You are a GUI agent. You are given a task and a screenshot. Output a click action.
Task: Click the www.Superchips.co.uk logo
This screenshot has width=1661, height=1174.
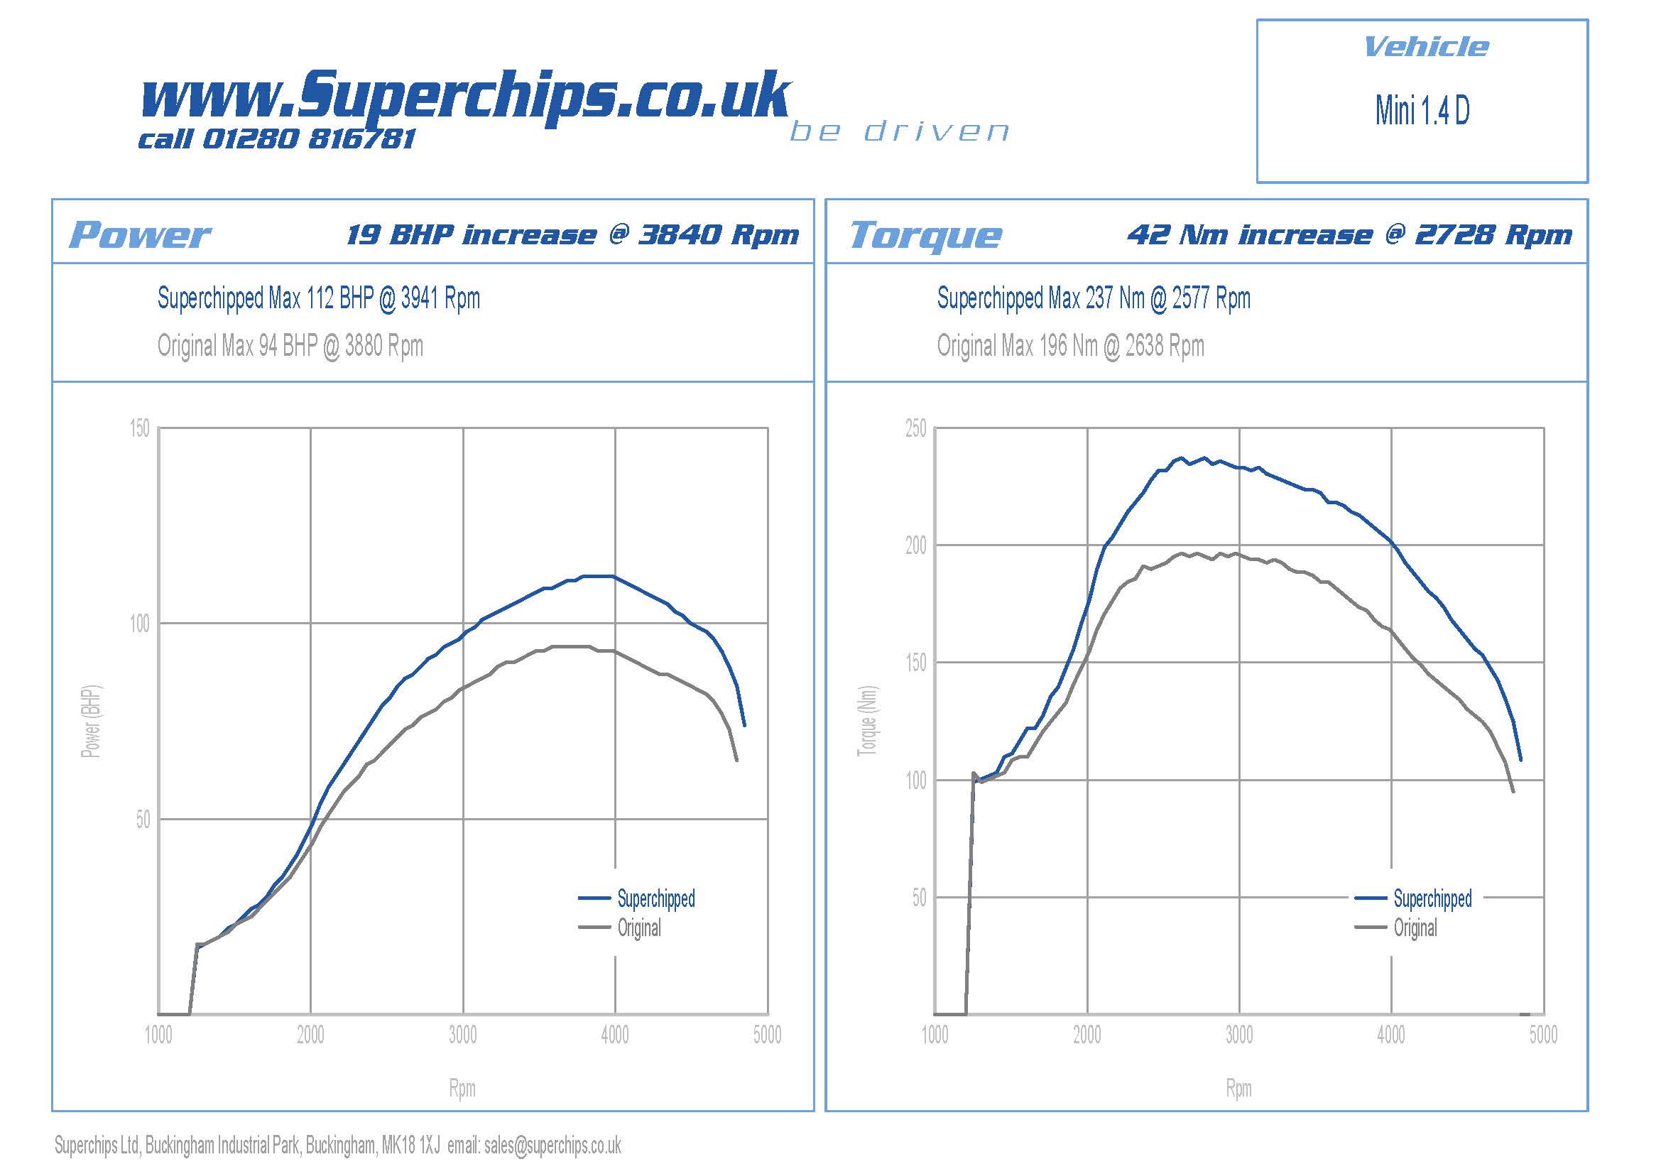tap(465, 95)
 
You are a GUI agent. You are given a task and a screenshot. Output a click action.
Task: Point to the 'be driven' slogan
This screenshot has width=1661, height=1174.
tap(899, 131)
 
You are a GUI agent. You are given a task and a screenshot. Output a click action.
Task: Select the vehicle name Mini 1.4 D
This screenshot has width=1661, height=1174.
tap(1422, 111)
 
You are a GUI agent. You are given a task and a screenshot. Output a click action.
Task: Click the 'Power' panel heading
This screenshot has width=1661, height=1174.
tap(140, 235)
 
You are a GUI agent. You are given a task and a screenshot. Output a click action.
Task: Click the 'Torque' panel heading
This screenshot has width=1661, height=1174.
tap(926, 235)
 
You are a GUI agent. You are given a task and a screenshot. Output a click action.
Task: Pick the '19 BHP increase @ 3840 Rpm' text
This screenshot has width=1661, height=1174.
tap(572, 235)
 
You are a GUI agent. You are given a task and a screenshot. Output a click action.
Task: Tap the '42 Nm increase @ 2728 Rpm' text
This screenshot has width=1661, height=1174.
tap(1349, 235)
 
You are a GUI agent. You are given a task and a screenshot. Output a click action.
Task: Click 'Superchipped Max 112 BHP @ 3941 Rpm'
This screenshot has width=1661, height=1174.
tap(318, 298)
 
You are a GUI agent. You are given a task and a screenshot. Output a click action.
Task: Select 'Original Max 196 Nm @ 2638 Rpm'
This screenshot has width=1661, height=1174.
tap(1070, 346)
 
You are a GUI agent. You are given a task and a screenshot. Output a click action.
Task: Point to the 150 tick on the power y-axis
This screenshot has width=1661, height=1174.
tap(140, 428)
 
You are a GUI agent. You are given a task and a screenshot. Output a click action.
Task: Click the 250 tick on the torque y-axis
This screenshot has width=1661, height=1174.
tap(915, 428)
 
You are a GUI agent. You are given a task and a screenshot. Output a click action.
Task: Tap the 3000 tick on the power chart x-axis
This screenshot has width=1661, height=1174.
tap(463, 1035)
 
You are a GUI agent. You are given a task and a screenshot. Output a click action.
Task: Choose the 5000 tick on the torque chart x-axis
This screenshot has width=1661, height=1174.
tap(1543, 1035)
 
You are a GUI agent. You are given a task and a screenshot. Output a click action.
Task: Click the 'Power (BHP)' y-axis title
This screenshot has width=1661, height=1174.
tap(91, 721)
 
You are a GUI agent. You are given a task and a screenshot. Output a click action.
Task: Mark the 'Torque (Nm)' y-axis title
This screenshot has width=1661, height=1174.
tap(867, 721)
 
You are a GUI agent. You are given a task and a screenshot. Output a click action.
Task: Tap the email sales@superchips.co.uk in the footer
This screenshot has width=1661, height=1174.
tap(552, 1145)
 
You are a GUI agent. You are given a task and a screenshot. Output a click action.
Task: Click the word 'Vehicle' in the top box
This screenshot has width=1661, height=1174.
tap(1425, 47)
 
